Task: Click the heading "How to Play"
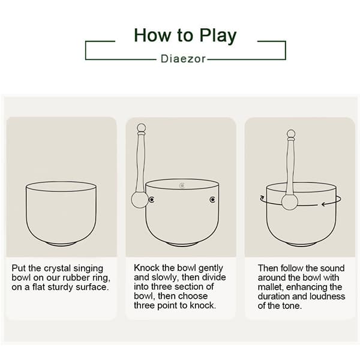pos(185,35)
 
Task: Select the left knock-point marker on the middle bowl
pos(152,199)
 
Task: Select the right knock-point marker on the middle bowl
pos(212,199)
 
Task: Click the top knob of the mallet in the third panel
pos(291,133)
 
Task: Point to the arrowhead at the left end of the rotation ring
pos(262,197)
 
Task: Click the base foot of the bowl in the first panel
pos(61,243)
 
